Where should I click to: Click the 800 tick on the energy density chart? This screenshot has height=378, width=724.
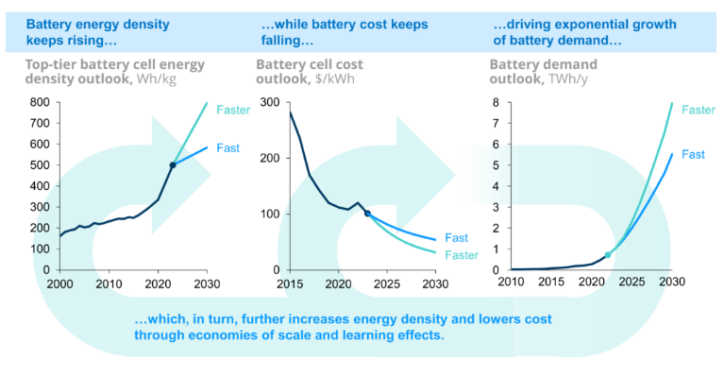click(x=41, y=102)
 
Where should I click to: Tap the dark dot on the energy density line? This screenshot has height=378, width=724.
click(x=173, y=165)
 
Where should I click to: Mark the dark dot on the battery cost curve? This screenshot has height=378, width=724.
click(x=367, y=214)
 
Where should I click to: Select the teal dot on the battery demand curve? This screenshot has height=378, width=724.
click(x=608, y=255)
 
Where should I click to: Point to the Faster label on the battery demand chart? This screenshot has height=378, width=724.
click(x=698, y=110)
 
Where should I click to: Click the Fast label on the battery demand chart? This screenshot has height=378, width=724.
click(x=694, y=154)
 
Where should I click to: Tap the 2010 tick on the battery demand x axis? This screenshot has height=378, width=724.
click(x=511, y=284)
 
